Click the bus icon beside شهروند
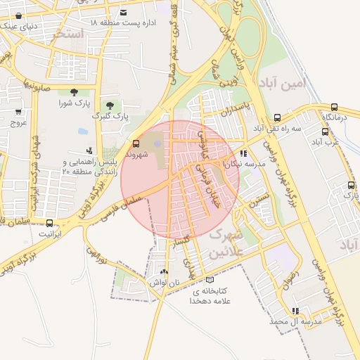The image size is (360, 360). [x=136, y=143]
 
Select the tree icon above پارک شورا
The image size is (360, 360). [x=75, y=92]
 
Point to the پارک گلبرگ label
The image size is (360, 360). [x=110, y=116]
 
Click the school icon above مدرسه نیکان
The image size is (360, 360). [x=243, y=153]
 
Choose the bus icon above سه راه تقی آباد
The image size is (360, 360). [x=277, y=117]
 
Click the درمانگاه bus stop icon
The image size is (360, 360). [x=334, y=107]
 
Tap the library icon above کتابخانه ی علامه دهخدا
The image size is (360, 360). [x=210, y=280]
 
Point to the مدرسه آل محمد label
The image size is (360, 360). [x=295, y=321]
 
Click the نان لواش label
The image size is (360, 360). [x=164, y=282]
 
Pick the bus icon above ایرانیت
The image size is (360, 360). [x=49, y=222]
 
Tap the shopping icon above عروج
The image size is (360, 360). [x=18, y=112]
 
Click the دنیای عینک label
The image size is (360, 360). [x=22, y=26]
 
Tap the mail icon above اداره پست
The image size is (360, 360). [x=124, y=13]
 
